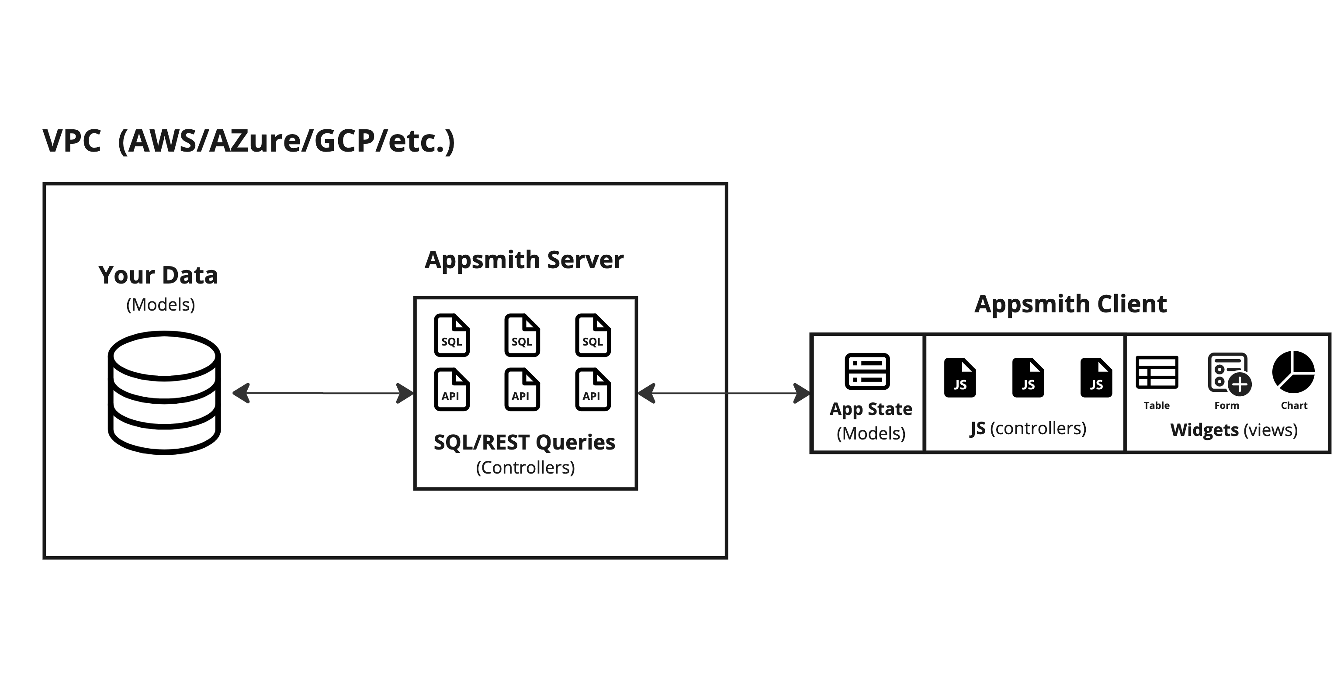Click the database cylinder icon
click(164, 392)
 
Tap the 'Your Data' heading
click(158, 275)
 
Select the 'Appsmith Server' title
click(524, 260)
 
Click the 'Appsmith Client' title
click(1070, 304)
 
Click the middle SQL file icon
click(522, 336)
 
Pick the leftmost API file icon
click(451, 390)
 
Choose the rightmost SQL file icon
click(592, 336)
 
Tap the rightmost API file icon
click(592, 390)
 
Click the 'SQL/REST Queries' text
click(524, 443)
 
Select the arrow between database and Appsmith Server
click(323, 393)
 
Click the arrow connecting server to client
click(724, 393)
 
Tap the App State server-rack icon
click(867, 371)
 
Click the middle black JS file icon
click(1028, 377)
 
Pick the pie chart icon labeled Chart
click(1293, 372)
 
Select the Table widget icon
click(1157, 372)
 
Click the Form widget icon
click(1229, 373)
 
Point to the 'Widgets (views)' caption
click(1233, 430)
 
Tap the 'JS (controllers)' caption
click(1028, 428)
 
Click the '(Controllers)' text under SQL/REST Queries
click(525, 467)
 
